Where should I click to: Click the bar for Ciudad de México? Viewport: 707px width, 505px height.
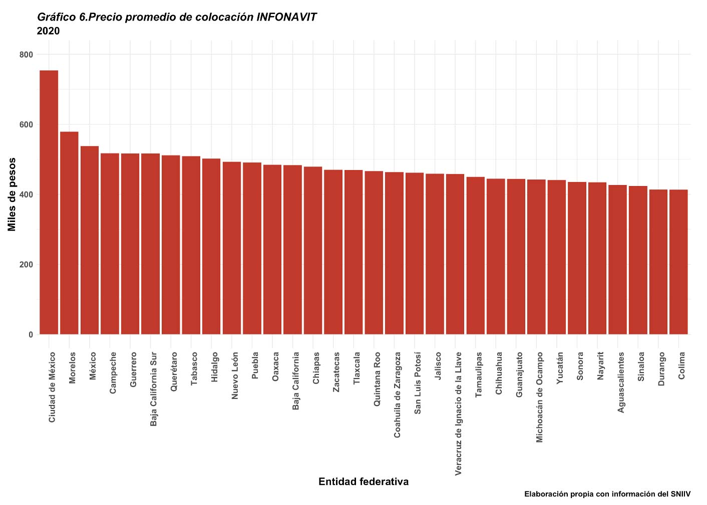49,202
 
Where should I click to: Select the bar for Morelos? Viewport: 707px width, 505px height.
69,233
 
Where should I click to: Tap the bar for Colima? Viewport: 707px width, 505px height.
678,262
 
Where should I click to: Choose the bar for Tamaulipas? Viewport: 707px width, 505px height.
476,255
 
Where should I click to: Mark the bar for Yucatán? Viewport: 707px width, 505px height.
557,257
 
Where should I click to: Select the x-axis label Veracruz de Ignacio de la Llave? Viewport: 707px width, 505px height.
458,413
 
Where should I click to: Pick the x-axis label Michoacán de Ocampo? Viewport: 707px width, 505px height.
539,397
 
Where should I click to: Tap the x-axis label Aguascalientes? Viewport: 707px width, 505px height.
621,382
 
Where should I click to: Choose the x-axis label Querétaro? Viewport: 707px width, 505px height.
174,371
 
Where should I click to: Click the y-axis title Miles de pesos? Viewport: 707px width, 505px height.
12,194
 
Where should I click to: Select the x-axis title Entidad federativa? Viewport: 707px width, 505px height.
364,481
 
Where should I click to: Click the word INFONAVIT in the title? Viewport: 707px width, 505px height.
286,17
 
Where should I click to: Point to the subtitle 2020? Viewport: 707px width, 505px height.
49,31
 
